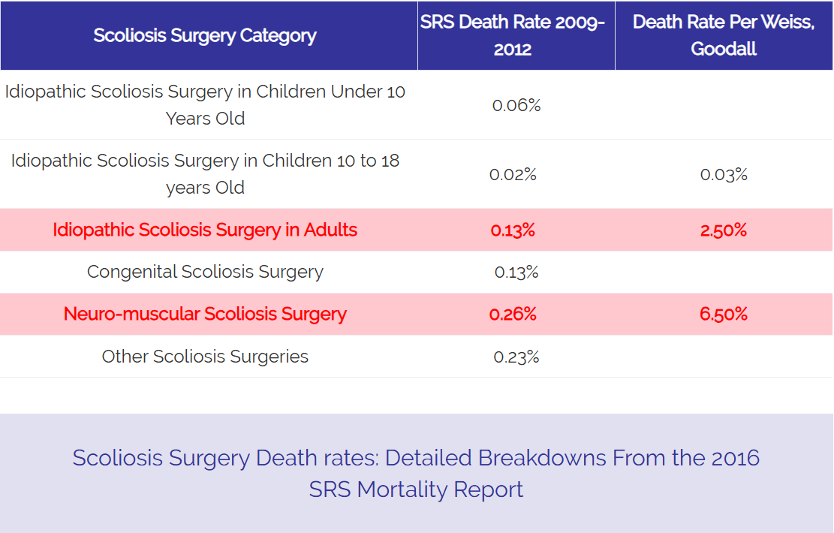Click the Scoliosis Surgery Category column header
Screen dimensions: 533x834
click(x=205, y=35)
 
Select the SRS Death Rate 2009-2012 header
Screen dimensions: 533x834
click(x=513, y=35)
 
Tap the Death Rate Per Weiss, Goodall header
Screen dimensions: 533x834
click(x=724, y=35)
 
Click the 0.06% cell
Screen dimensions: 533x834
click(x=516, y=105)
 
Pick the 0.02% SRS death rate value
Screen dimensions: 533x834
click(x=513, y=175)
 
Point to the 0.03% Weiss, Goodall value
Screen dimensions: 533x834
click(x=724, y=175)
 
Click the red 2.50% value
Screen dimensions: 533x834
click(x=723, y=230)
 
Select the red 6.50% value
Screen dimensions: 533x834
click(x=724, y=314)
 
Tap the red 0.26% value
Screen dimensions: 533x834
click(x=513, y=314)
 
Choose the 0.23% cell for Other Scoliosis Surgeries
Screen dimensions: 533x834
click(x=516, y=357)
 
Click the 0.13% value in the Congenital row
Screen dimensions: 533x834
click(x=516, y=273)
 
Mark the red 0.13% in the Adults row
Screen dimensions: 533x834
click(x=513, y=230)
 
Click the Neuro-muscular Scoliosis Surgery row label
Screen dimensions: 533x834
click(x=205, y=314)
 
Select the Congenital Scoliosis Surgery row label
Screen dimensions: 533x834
click(x=205, y=272)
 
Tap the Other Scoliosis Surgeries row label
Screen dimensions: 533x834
click(x=205, y=356)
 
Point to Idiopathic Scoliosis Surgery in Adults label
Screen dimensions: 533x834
click(x=205, y=230)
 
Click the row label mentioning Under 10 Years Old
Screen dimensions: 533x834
click(x=205, y=105)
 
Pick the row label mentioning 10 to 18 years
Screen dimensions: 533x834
click(x=205, y=174)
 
